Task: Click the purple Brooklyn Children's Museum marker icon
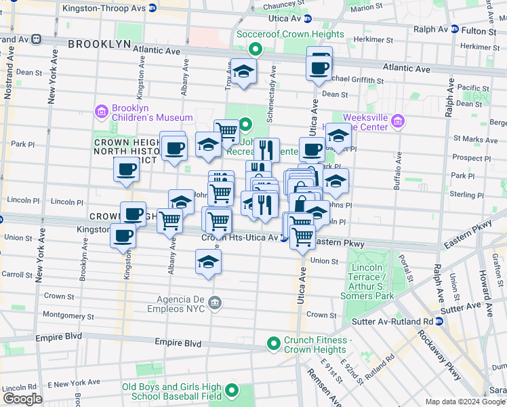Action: (102, 111)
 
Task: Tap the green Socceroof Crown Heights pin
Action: (255, 48)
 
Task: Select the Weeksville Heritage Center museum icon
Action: (397, 122)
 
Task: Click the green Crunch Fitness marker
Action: (274, 345)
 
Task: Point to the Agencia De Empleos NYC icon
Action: (215, 302)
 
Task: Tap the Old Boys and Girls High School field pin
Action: (232, 391)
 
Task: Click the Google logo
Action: (22, 399)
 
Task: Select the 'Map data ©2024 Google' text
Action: (465, 402)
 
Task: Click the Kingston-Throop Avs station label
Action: (104, 8)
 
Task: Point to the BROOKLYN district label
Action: (100, 43)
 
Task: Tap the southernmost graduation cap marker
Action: (208, 262)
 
